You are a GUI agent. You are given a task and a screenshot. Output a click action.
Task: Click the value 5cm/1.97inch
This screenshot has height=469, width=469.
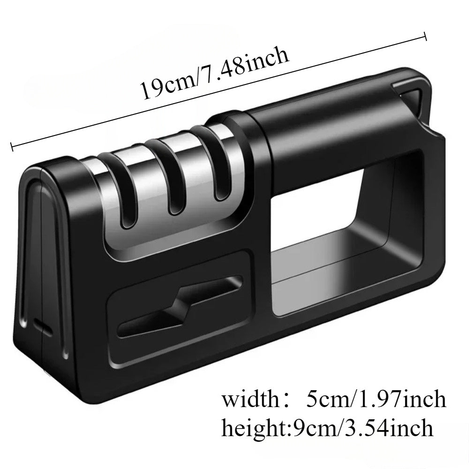[x=375, y=400]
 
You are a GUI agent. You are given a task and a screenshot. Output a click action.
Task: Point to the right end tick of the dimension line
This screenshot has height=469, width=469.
[x=425, y=37]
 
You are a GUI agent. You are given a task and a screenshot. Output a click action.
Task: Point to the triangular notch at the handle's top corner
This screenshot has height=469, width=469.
[x=413, y=98]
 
